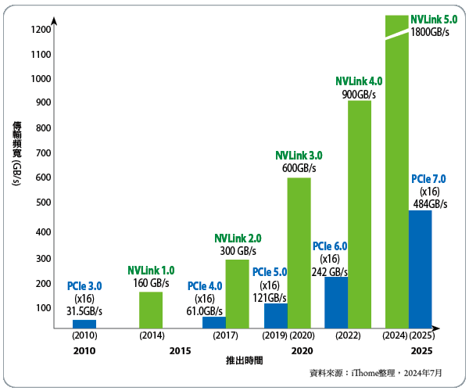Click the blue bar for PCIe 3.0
point(84,323)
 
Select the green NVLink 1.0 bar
point(151,309)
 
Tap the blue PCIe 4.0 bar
point(213,321)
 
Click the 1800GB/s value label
point(428,34)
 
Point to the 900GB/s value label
point(359,95)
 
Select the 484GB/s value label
point(429,204)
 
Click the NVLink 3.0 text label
point(299,155)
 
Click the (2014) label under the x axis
point(151,335)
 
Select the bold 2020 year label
point(303,350)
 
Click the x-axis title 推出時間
point(244,361)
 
